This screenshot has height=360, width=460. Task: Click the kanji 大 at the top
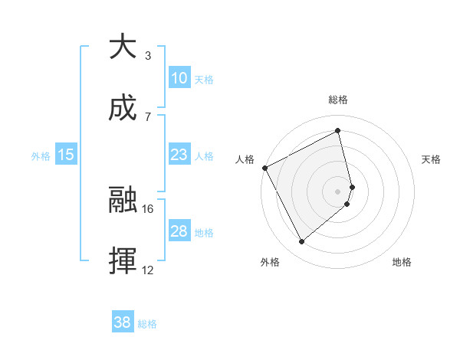(123, 47)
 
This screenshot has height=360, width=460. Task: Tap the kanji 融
(123, 201)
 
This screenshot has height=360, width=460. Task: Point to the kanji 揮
(123, 261)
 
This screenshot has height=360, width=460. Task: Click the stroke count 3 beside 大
(148, 56)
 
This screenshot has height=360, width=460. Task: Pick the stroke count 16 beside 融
(148, 208)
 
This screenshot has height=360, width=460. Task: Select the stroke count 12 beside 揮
(148, 270)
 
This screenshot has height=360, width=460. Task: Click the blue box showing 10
(179, 78)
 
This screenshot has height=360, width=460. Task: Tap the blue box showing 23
(179, 155)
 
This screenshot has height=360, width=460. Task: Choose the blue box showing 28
(179, 231)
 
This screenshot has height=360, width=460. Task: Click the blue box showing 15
(66, 155)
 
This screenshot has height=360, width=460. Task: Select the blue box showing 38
(123, 322)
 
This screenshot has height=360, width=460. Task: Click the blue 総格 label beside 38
(148, 324)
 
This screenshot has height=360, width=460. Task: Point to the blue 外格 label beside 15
(41, 155)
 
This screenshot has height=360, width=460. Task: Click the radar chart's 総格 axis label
(338, 100)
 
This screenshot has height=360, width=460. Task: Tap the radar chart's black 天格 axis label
(432, 159)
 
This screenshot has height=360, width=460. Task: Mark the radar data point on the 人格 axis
(264, 168)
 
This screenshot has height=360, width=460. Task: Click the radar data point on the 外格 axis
(301, 242)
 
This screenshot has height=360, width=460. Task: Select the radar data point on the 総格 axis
(338, 130)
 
